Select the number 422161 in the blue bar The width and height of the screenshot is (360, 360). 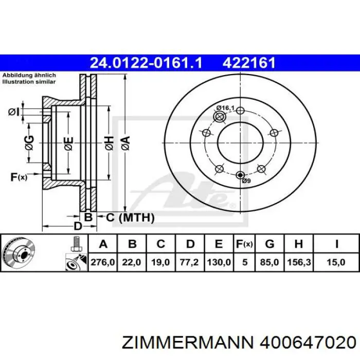pyautogui.click(x=249, y=63)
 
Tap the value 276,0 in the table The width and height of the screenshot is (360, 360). pyautogui.click(x=103, y=262)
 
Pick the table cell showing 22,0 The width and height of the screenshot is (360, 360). pyautogui.click(x=132, y=262)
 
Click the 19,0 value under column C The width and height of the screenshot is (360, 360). pyautogui.click(x=161, y=262)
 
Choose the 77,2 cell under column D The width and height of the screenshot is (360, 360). pyautogui.click(x=190, y=262)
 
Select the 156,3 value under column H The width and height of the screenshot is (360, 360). pyautogui.click(x=298, y=262)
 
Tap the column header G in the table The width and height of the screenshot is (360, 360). pyautogui.click(x=270, y=243)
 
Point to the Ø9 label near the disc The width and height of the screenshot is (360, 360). pyautogui.click(x=246, y=182)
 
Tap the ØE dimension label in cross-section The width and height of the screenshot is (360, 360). pyautogui.click(x=68, y=144)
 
